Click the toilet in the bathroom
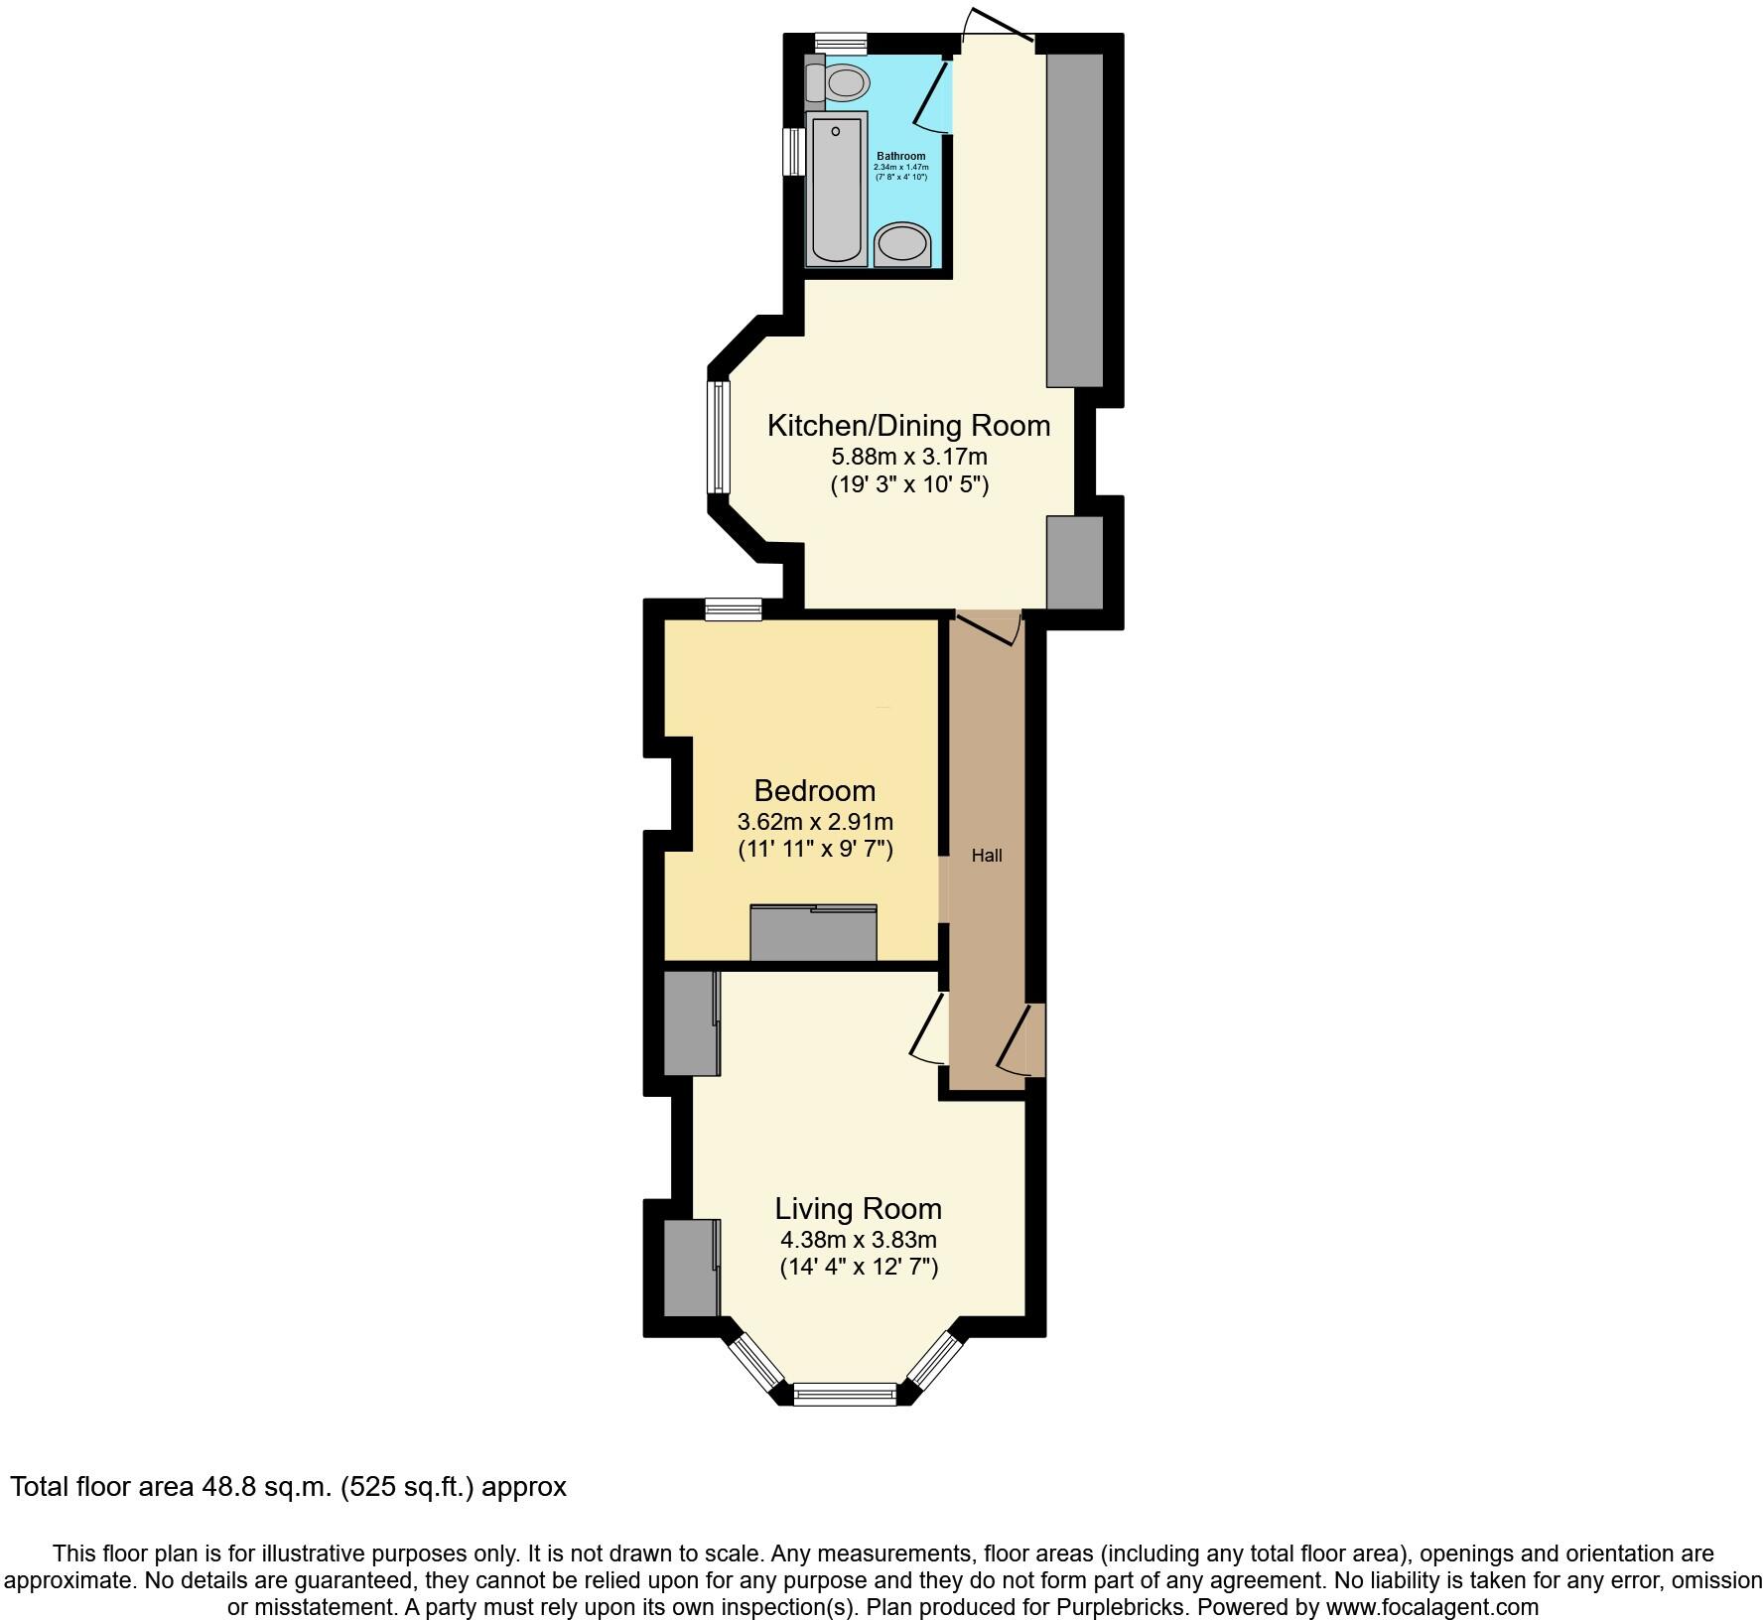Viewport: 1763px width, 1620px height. point(839,82)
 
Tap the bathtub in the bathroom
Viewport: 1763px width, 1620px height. point(838,189)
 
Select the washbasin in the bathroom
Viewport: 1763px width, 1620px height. point(902,244)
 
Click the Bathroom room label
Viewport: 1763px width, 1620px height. point(900,156)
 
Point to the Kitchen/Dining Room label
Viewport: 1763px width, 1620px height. point(908,426)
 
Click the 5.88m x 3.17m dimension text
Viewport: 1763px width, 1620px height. point(908,457)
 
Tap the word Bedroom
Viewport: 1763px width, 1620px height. point(815,790)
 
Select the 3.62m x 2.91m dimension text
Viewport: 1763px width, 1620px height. point(815,822)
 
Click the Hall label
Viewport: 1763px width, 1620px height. point(987,855)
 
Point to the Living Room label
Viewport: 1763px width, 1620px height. point(858,1208)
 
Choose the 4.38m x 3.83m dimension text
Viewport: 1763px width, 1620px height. point(858,1240)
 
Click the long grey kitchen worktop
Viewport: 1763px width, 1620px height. point(1075,218)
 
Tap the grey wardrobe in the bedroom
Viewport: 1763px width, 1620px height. point(813,933)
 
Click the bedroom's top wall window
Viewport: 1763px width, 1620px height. point(734,609)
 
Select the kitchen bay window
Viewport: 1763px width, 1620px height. point(718,437)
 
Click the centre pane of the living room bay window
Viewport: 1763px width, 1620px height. point(845,1394)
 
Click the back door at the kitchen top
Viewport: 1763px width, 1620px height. point(997,28)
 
